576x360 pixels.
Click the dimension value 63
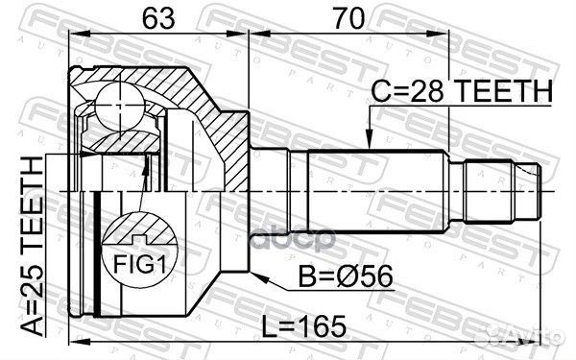pyautogui.click(x=158, y=18)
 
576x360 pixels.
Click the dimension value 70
pyautogui.click(x=349, y=18)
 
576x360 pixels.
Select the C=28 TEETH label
pyautogui.click(x=462, y=91)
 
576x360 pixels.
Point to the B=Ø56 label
pyautogui.click(x=346, y=277)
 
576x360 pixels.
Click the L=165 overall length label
pyautogui.click(x=303, y=326)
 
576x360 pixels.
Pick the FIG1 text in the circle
pyautogui.click(x=140, y=264)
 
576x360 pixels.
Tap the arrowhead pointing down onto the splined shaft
pyautogui.click(x=370, y=140)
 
